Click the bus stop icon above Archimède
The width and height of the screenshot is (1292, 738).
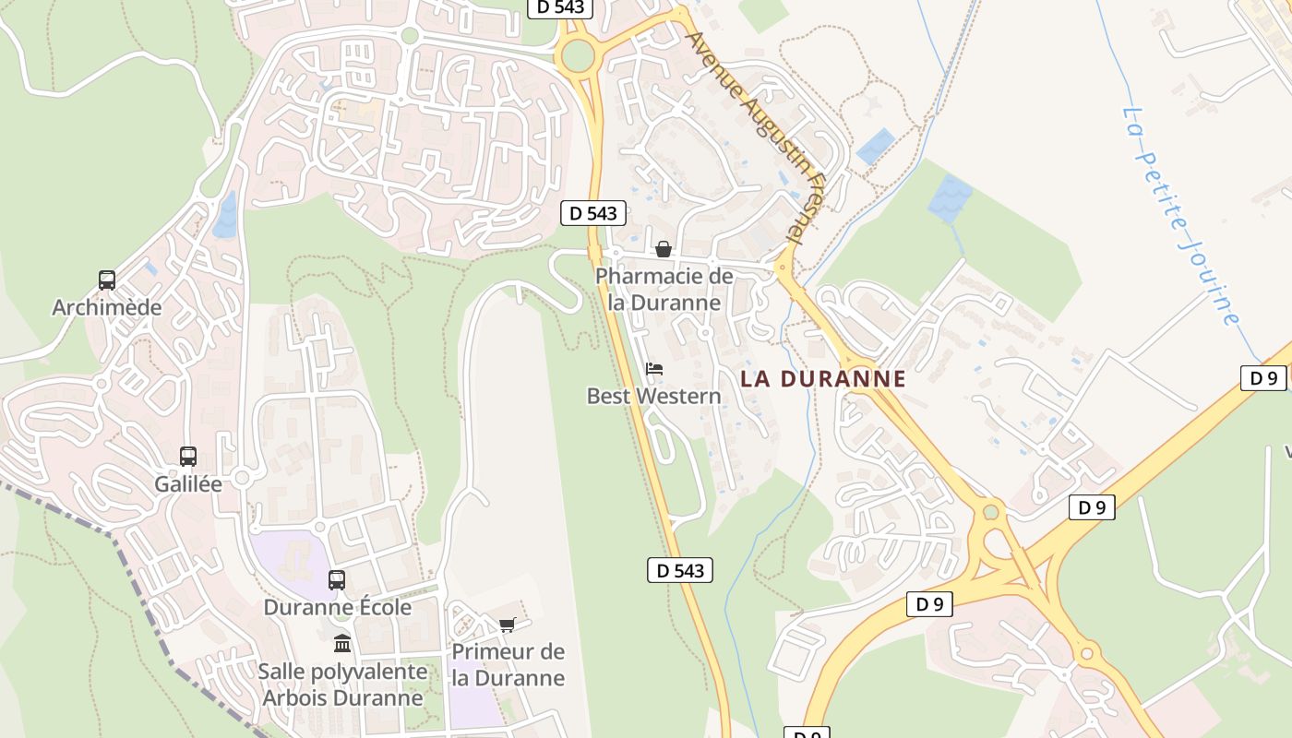107,280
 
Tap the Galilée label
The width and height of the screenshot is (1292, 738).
188,483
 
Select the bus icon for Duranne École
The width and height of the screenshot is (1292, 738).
337,580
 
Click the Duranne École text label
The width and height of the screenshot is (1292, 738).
337,607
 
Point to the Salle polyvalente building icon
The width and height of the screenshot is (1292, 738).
342,643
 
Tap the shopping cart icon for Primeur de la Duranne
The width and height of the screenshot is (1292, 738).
507,625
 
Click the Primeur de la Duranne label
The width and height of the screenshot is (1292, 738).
508,664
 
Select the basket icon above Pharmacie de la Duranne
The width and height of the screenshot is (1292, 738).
663,249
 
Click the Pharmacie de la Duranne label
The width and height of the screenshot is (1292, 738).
664,289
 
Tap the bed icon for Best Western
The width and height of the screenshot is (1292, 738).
654,369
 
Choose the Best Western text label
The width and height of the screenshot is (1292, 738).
653,396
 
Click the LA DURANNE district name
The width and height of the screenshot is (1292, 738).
822,378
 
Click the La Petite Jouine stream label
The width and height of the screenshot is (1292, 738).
1180,215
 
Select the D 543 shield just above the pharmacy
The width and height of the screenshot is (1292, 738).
593,213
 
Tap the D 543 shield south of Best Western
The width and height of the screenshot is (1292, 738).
680,570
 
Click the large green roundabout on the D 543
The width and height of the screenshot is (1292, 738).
577,55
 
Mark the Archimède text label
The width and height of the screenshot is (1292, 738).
107,307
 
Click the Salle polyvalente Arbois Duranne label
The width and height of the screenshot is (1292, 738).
342,684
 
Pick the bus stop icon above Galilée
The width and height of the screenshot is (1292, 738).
188,456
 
